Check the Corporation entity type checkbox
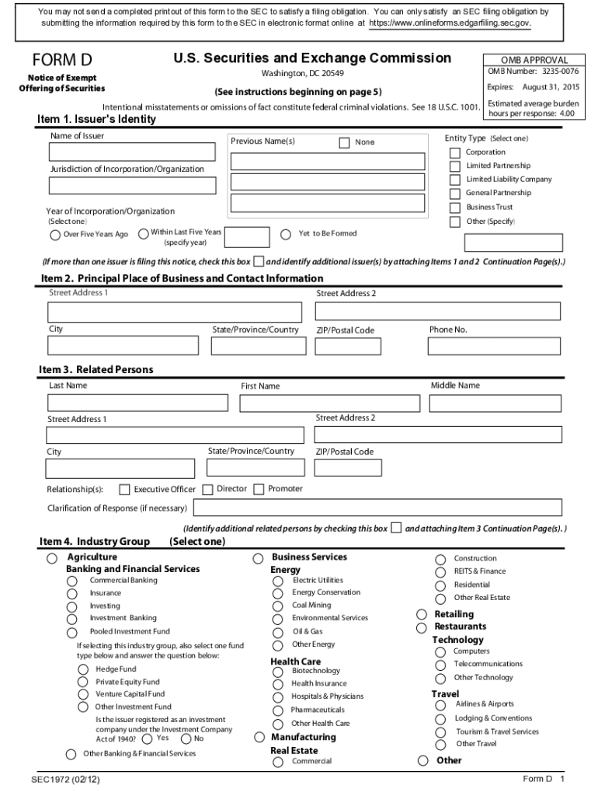point(455,152)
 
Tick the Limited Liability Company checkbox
point(455,180)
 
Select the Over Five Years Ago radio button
point(55,235)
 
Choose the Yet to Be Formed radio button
point(286,234)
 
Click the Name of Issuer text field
point(132,152)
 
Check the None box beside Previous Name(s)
point(344,142)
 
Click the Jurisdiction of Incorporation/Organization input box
point(132,186)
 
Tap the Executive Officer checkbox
point(123,490)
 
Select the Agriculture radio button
point(52,558)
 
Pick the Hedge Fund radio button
point(82,669)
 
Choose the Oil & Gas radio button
point(278,632)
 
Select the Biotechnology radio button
point(278,671)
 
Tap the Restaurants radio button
point(422,627)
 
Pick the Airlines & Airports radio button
point(440,705)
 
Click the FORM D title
point(62,61)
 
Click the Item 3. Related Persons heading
point(96,369)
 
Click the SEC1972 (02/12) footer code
point(65,779)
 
